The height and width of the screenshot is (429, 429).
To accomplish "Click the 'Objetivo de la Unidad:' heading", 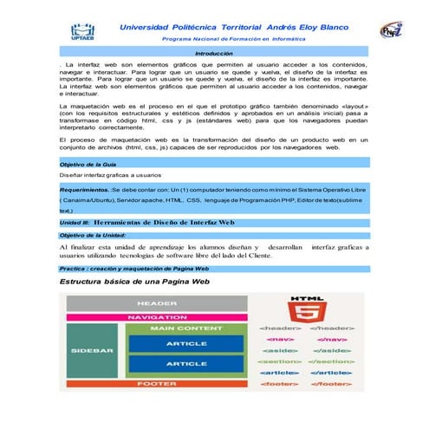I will tap(93, 235).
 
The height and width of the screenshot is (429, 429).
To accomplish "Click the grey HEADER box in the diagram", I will tap(158, 303).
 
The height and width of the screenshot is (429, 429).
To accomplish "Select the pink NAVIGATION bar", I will tap(158, 317).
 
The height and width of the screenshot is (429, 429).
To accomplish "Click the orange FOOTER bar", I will tap(158, 382).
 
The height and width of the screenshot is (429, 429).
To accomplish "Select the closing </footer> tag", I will tap(331, 382).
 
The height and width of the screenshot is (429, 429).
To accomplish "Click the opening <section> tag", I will tap(280, 361).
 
